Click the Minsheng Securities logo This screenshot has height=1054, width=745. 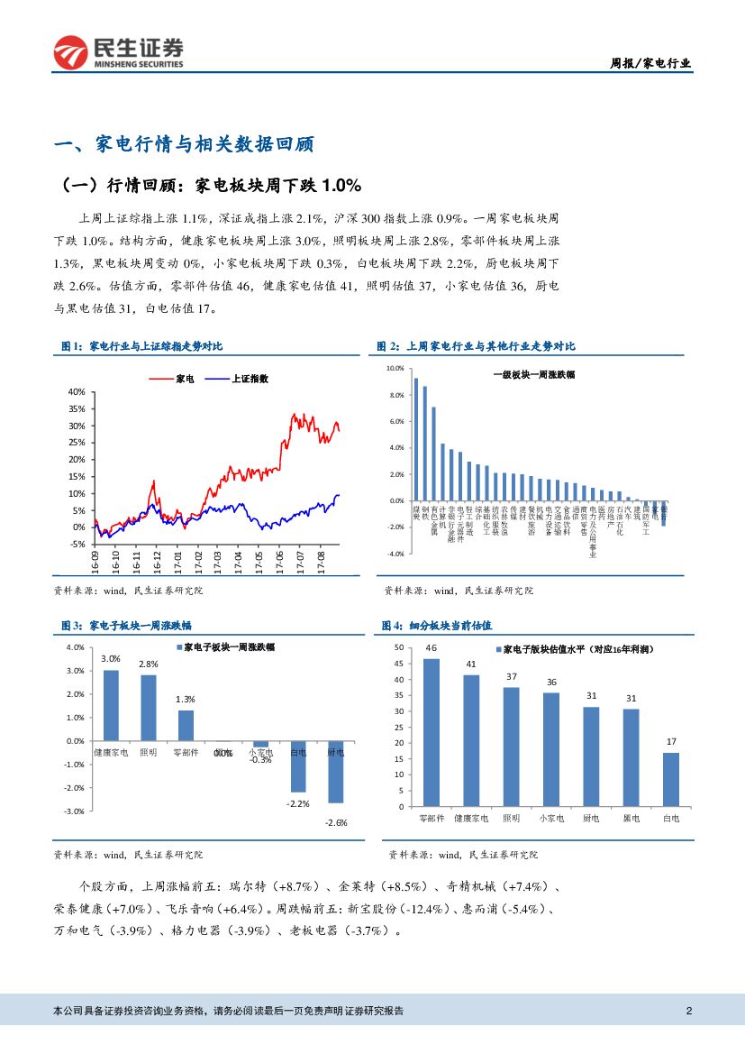click(118, 53)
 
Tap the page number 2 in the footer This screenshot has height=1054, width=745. click(688, 1010)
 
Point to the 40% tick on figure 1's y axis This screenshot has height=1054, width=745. click(76, 392)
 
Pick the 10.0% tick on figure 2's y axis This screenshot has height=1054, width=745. click(395, 369)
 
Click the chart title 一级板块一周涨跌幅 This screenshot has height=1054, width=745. click(533, 376)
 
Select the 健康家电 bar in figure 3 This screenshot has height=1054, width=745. click(111, 705)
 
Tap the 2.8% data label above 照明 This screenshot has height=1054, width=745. click(149, 664)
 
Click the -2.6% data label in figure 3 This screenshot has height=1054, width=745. click(336, 822)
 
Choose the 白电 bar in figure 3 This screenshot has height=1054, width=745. click(298, 765)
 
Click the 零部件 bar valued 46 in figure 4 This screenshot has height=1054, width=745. click(432, 732)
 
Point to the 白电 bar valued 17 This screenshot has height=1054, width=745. click(671, 779)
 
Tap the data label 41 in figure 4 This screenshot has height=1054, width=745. click(470, 664)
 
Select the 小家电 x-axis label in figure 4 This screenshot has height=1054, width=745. click(551, 818)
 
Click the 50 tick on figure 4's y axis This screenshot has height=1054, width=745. click(401, 648)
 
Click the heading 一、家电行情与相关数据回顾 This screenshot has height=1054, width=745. click(184, 146)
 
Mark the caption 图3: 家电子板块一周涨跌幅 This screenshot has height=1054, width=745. click(125, 625)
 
